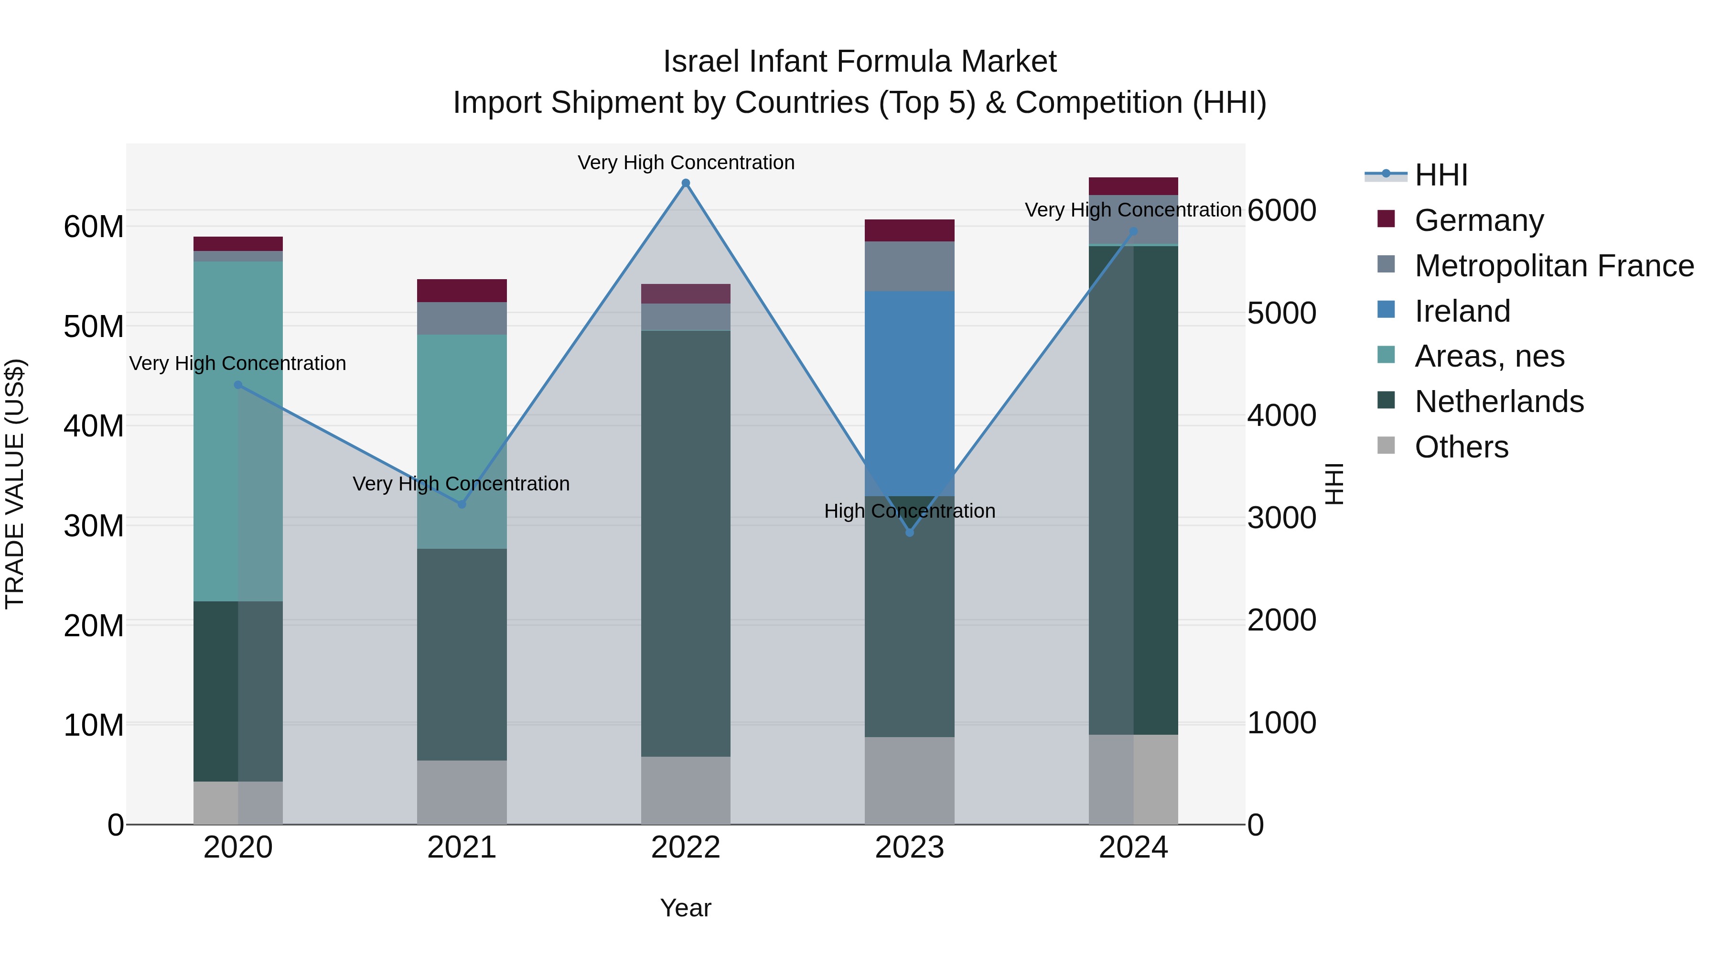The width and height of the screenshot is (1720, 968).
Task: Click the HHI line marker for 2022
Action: click(686, 183)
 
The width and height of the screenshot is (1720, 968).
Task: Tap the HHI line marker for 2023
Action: click(909, 533)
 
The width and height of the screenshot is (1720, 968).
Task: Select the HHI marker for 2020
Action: click(238, 385)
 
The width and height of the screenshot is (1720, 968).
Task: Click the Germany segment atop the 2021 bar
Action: click(462, 291)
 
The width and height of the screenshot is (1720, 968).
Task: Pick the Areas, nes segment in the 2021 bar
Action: click(462, 441)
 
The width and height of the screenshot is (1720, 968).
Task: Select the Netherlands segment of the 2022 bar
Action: click(686, 543)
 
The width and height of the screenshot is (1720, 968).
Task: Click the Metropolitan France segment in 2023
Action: click(909, 266)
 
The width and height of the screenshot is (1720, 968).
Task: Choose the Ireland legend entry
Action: click(1462, 311)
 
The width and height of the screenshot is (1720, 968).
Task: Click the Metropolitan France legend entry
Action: click(1554, 266)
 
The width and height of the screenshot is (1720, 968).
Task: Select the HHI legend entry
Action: click(1441, 175)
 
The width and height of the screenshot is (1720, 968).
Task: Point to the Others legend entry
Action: click(1461, 447)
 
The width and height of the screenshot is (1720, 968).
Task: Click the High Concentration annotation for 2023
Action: click(909, 511)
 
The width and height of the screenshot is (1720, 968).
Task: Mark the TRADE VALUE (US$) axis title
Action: click(15, 484)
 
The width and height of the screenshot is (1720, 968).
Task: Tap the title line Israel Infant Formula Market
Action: click(860, 62)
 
